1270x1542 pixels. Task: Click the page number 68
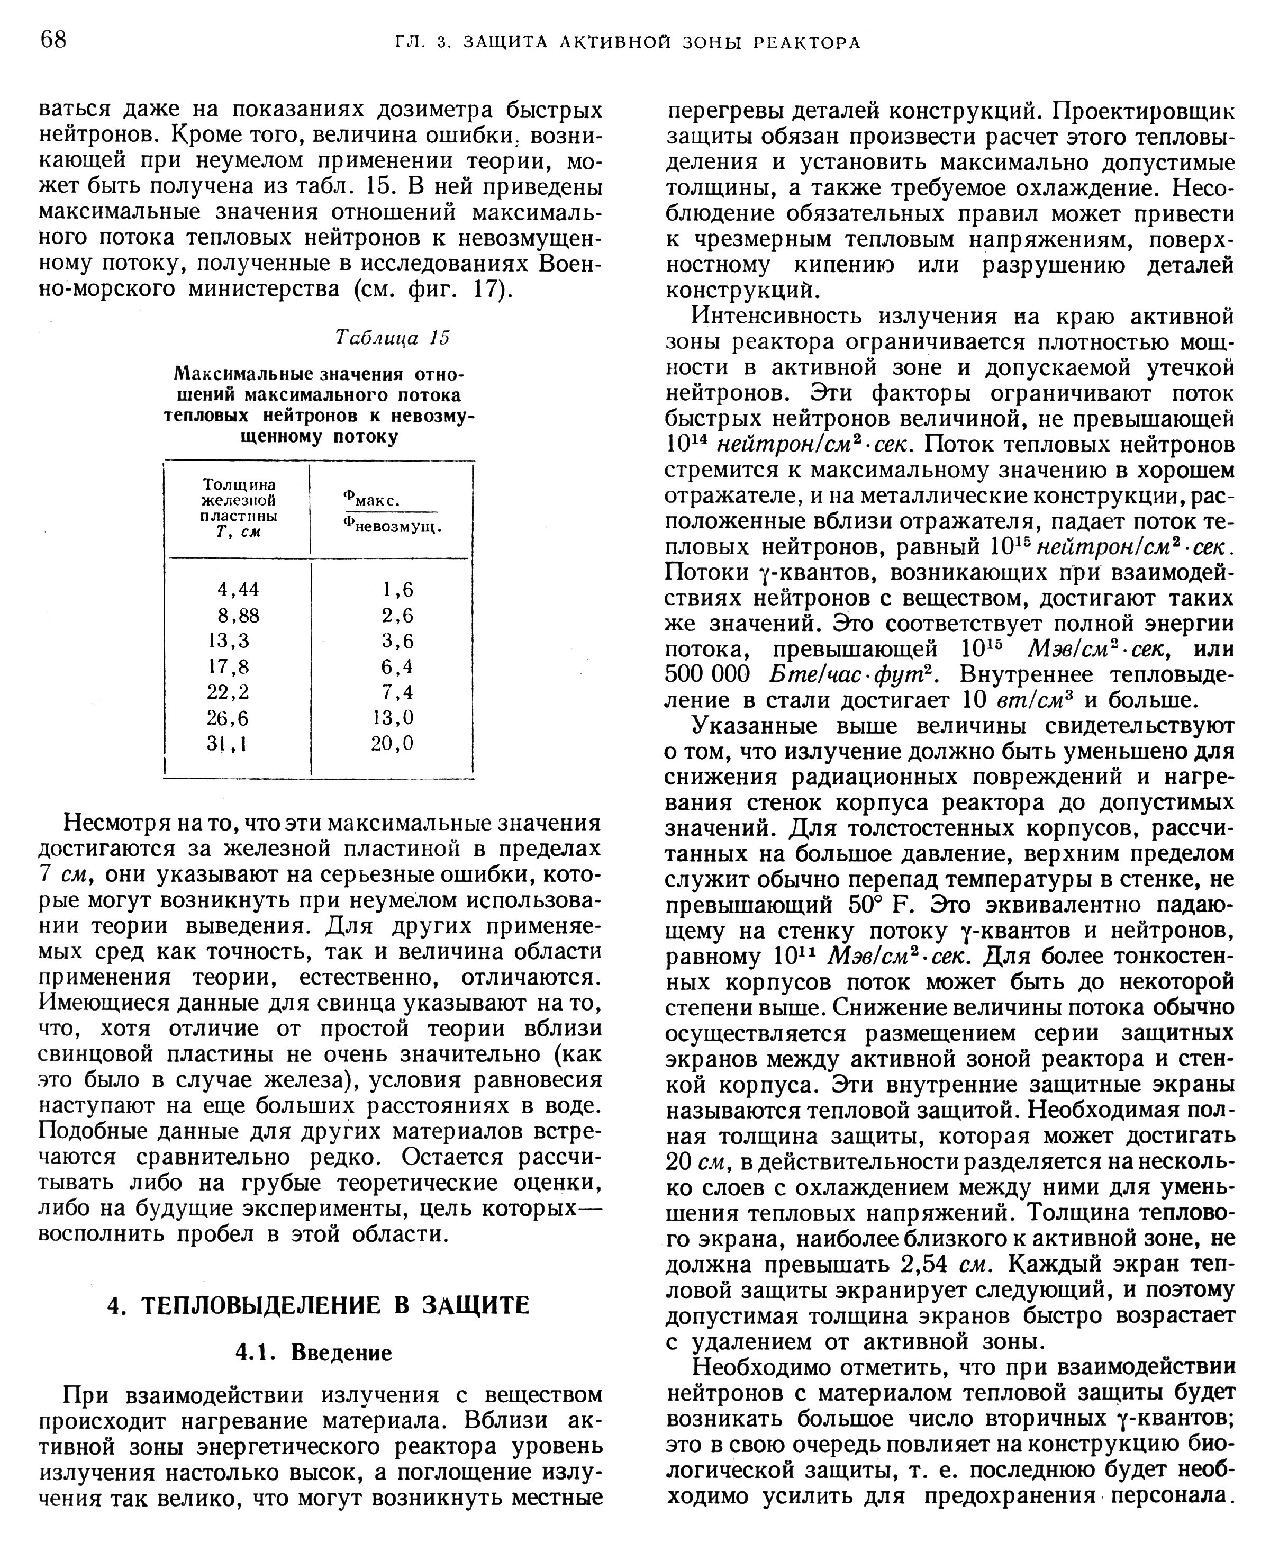(53, 40)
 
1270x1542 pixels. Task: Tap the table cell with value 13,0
(393, 717)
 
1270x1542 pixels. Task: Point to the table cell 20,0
(393, 743)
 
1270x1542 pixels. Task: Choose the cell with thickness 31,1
(228, 743)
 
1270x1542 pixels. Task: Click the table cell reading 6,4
(397, 666)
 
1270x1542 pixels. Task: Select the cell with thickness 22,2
(228, 691)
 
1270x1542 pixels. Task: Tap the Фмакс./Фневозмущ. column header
(392, 514)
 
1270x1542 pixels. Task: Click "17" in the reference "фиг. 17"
(488, 289)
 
